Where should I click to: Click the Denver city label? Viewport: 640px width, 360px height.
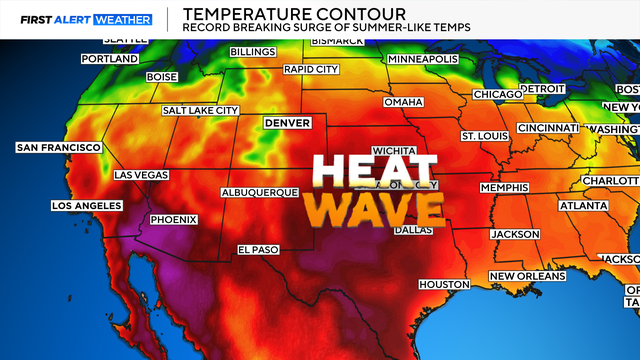[x=287, y=123]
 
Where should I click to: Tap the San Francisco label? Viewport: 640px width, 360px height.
[x=58, y=148]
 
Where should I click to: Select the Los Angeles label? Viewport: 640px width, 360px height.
[x=86, y=206]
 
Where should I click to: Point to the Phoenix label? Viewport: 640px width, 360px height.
[x=173, y=220]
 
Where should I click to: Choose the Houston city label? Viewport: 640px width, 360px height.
[x=443, y=285]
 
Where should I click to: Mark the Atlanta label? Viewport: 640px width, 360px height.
[x=582, y=206]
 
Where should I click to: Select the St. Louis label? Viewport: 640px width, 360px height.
[x=483, y=135]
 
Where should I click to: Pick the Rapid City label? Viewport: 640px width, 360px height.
[x=312, y=69]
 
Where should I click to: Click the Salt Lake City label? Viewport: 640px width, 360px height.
[x=201, y=110]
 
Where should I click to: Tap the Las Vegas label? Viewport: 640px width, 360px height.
[x=143, y=174]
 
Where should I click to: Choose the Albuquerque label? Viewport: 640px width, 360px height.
[x=260, y=192]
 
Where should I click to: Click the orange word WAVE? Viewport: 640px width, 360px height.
[x=375, y=209]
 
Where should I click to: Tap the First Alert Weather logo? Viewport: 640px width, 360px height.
[x=79, y=19]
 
